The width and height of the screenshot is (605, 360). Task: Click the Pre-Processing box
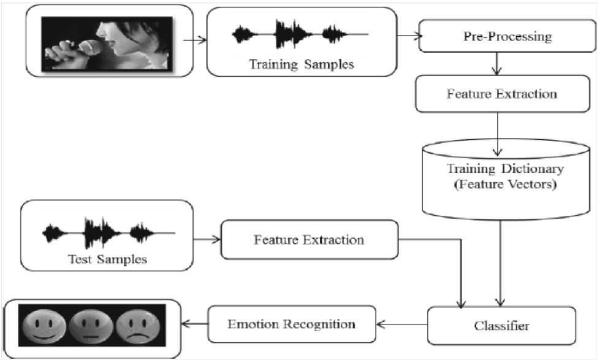coord(508,36)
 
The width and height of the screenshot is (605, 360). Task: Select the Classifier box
coord(501,325)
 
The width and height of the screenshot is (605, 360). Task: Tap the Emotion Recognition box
coord(292,324)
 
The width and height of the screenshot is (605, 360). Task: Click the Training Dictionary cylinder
coord(506,180)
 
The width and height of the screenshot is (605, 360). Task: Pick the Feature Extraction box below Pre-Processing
coord(503,94)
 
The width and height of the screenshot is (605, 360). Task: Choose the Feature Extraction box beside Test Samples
coord(310,240)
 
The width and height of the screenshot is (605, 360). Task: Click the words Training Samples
coord(302,64)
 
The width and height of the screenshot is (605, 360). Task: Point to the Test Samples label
coord(108,259)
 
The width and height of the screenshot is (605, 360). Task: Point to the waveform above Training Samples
coord(300,34)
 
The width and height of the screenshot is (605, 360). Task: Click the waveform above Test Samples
coord(108,232)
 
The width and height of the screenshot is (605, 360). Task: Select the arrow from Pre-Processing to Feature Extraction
coord(497,64)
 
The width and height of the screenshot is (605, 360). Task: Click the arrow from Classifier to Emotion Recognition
coord(402,324)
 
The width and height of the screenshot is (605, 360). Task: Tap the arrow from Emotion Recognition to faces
coord(194,324)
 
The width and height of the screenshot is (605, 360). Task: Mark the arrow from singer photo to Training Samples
coord(195,40)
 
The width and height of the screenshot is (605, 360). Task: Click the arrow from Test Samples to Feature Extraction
coord(207,240)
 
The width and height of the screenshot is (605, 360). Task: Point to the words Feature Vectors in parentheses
coord(506,184)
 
